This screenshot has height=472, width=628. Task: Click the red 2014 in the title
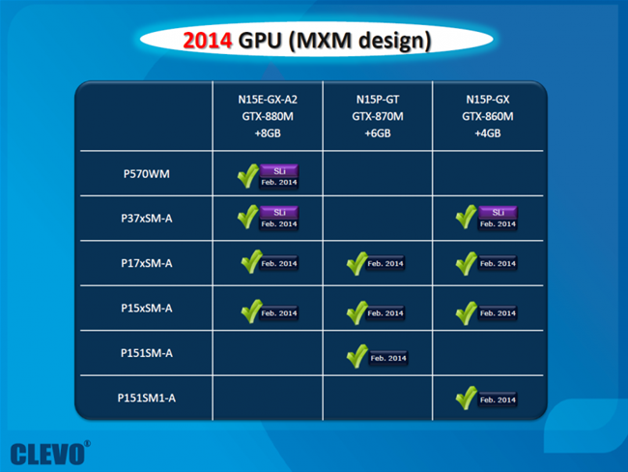207,41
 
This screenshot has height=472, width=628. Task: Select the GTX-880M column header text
268,116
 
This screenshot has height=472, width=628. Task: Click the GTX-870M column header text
378,116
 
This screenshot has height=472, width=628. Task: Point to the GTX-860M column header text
487,116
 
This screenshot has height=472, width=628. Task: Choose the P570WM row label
147,174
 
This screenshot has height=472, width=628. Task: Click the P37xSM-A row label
147,219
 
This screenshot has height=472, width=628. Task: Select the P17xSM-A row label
147,263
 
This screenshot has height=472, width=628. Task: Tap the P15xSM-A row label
147,309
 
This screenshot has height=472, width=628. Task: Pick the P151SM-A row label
147,353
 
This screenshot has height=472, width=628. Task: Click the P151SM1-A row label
147,398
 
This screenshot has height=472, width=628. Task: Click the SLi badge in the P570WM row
279,171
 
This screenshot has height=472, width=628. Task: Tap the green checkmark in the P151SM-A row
357,356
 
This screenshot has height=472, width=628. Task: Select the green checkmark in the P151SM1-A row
467,398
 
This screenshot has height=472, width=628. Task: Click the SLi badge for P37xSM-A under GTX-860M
498,212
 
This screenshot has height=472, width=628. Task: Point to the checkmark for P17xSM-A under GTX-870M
357,263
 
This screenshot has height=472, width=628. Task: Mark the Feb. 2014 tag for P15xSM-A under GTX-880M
279,313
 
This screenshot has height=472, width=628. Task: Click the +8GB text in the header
268,133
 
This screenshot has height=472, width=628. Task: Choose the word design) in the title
394,42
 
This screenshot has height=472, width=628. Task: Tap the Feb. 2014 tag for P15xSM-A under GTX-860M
498,313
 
